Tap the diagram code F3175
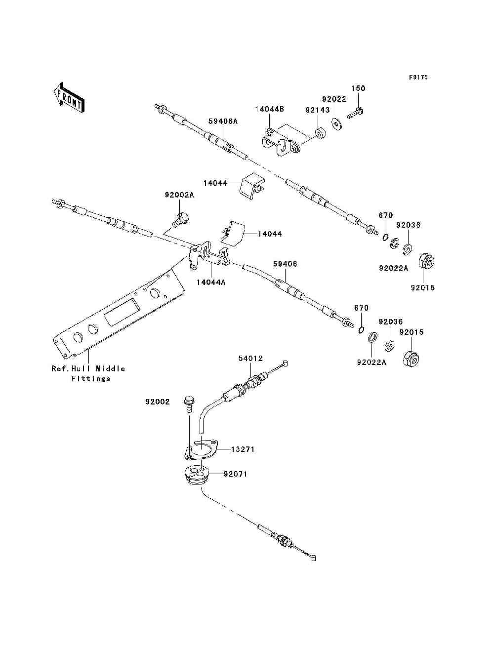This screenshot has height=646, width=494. coord(418,78)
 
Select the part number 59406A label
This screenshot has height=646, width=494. coord(223,121)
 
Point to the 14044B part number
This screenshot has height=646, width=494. coord(270,109)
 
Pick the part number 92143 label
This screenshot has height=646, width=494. coord(317,110)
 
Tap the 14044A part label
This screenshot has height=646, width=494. coord(211,283)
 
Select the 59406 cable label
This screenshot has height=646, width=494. coord(285,264)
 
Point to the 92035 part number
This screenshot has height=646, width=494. coord(408,225)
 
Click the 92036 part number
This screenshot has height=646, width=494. coord(391,322)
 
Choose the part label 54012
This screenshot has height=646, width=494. coord(250,359)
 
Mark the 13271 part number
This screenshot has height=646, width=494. coord(243,449)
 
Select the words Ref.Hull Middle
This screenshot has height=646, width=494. coord(88,369)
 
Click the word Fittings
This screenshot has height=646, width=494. coord(91,379)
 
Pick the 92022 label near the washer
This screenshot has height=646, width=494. coord(334,99)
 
